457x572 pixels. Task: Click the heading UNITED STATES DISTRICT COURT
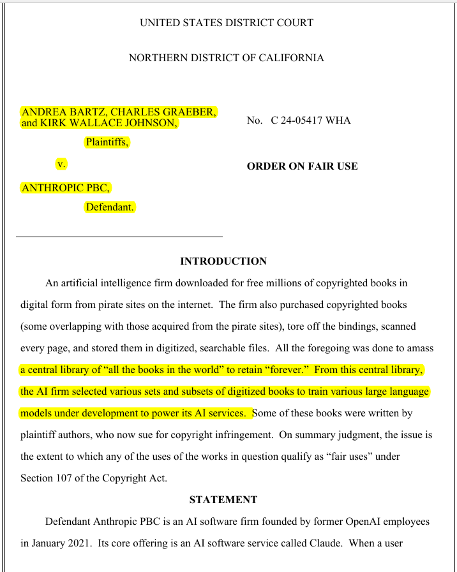coord(227,23)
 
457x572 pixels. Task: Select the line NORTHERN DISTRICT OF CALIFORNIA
coord(227,58)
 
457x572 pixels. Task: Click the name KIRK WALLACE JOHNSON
coord(108,123)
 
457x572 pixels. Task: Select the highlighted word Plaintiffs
coord(107,142)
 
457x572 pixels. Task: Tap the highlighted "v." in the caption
coord(61,164)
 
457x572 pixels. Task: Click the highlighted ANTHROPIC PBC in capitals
coord(66,187)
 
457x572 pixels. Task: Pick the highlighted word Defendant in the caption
coord(110,207)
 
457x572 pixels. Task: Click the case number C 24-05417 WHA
coord(311,121)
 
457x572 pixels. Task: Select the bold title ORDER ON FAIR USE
coord(302,166)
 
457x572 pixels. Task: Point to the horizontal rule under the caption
coord(119,237)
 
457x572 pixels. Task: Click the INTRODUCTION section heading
coord(223,261)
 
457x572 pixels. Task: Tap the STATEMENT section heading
coord(223,500)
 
